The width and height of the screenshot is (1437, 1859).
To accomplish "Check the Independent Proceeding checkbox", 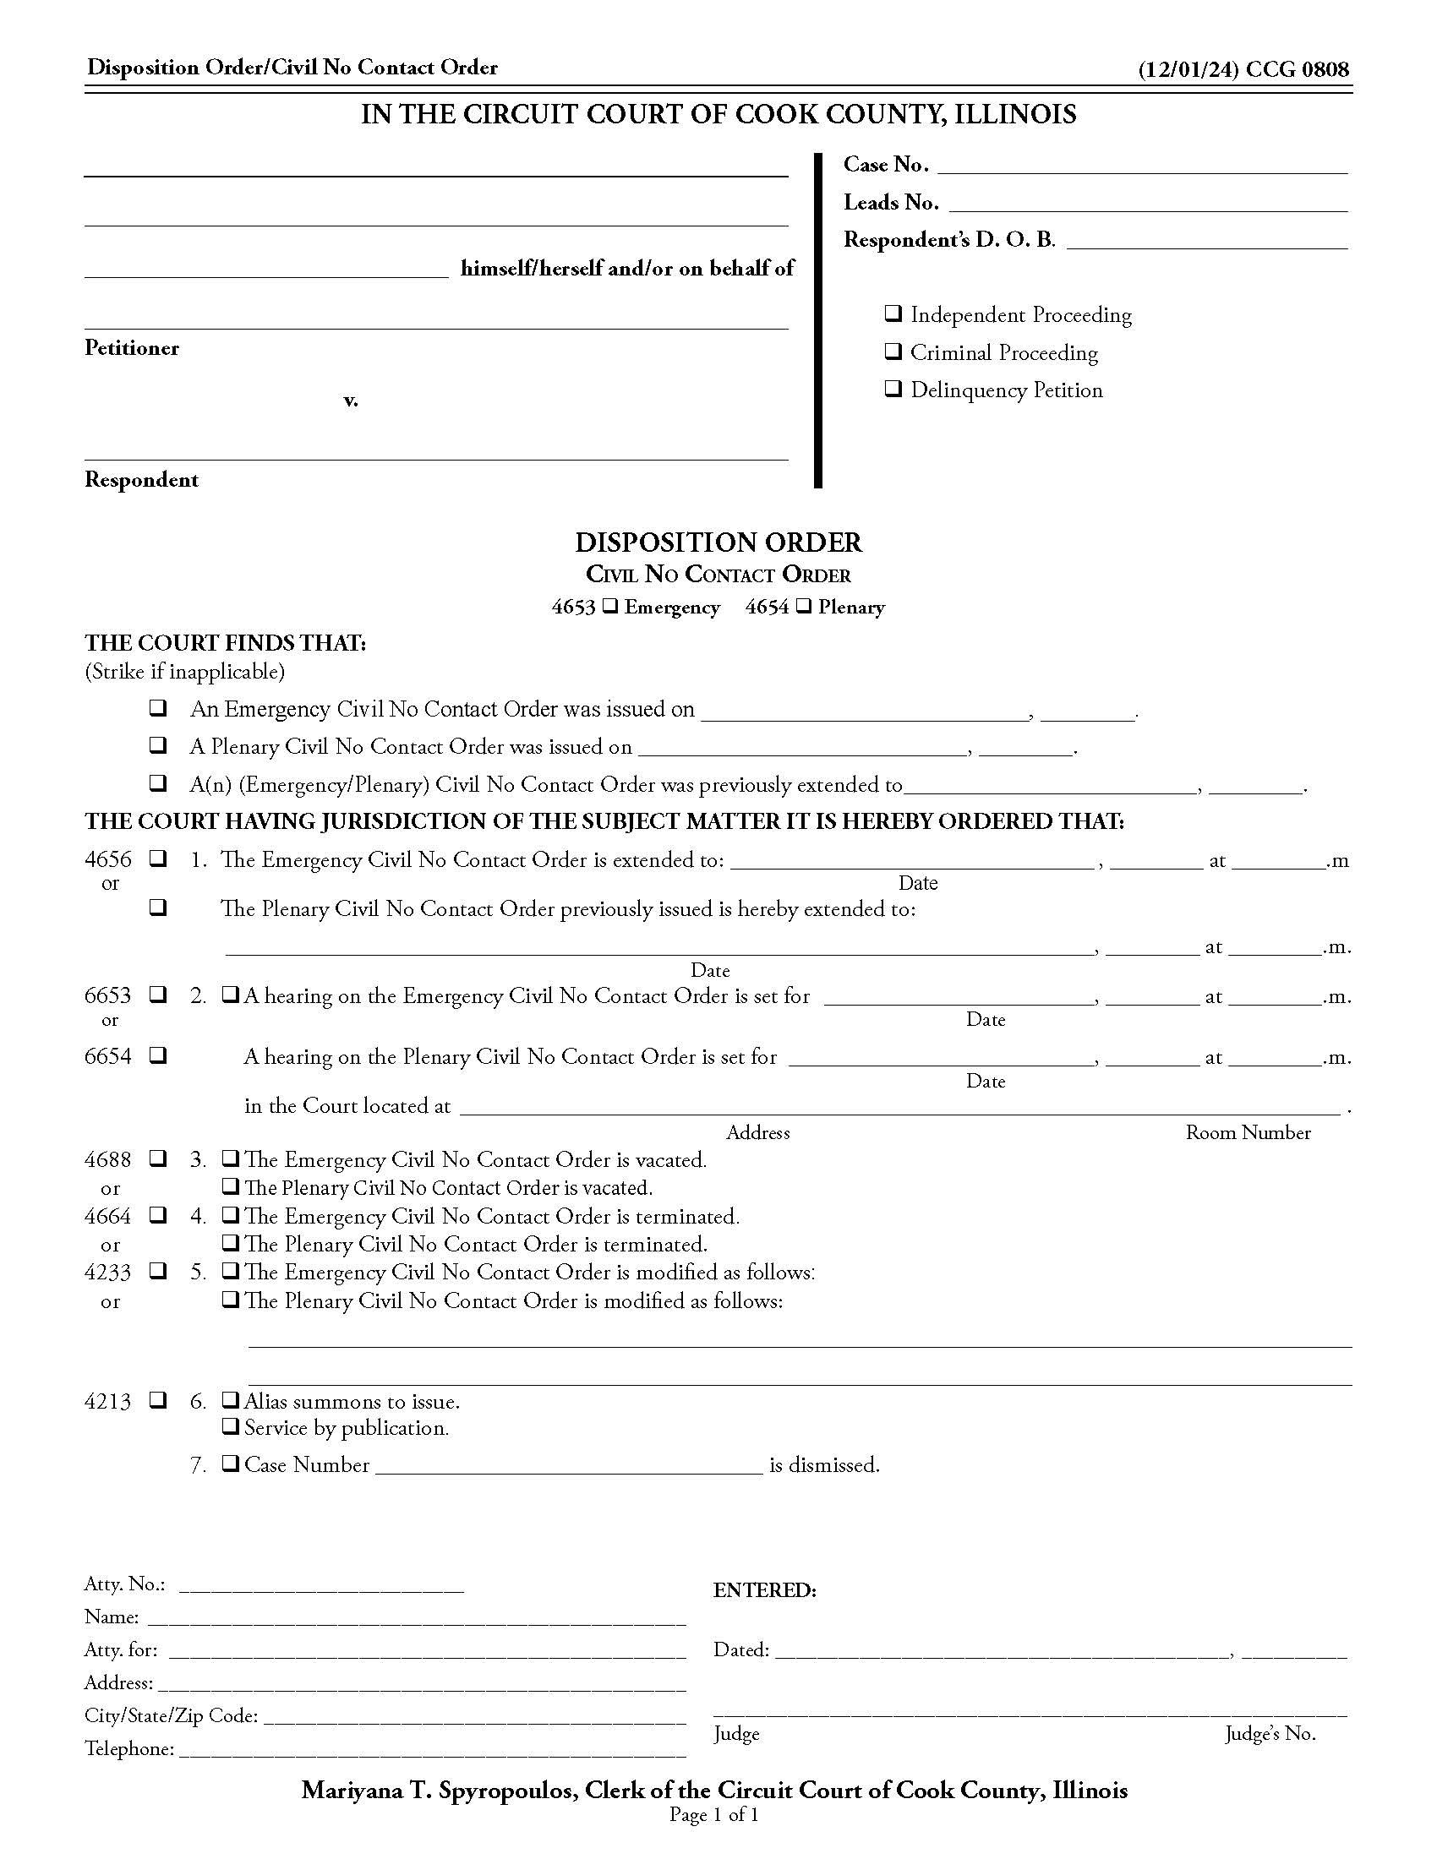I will click(893, 314).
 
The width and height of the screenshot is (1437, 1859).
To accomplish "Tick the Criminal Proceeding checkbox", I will click(893, 352).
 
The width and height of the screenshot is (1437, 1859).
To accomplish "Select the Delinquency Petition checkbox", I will click(893, 389).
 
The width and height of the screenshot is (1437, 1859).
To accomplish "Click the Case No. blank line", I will click(1141, 166).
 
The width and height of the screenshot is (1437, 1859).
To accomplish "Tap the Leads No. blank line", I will click(1147, 204).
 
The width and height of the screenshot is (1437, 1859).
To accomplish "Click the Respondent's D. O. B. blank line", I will click(1206, 241).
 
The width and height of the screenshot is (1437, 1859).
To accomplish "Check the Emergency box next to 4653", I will click(609, 607).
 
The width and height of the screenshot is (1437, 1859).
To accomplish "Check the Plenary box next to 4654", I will click(804, 607).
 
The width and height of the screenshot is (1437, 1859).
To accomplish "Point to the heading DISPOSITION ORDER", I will click(718, 542).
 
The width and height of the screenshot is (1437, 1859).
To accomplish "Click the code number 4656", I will click(108, 859).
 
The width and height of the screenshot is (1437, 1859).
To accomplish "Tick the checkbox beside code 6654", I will click(157, 1056).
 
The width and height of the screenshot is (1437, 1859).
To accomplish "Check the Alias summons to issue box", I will click(230, 1399).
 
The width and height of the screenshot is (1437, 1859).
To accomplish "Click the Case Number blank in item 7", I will click(568, 1465).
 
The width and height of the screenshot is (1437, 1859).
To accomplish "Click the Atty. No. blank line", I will click(321, 1584).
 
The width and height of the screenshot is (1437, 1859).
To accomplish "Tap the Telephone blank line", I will click(432, 1749).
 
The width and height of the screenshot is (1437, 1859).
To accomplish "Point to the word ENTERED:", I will click(764, 1590).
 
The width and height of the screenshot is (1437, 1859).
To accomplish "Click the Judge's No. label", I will click(1270, 1734).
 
